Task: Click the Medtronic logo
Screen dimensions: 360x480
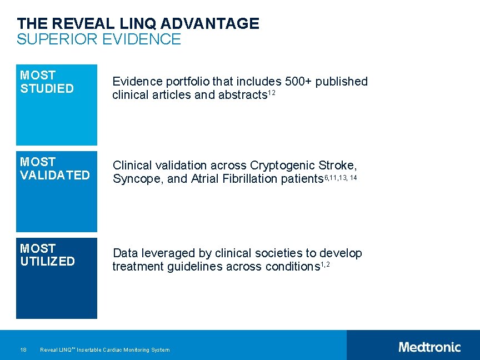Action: point(429,347)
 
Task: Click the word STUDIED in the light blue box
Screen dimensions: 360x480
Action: point(47,88)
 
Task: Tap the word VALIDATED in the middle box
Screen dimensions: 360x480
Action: point(54,175)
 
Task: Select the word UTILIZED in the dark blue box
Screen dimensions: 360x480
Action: point(47,262)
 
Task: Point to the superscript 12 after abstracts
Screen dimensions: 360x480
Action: point(272,93)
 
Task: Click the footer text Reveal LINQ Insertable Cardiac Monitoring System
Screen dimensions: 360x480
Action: point(105,349)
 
